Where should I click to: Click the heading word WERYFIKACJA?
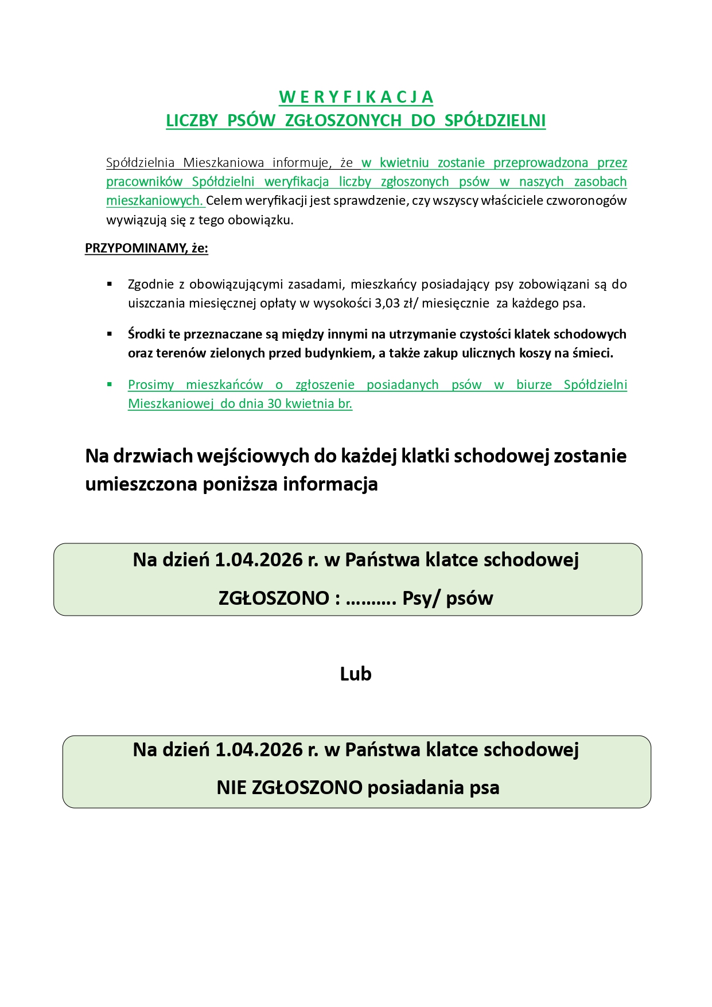tap(356, 97)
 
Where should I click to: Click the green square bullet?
tap(110, 384)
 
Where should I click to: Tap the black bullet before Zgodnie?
tap(110, 284)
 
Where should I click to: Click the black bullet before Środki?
tap(110, 334)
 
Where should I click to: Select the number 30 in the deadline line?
tap(274, 404)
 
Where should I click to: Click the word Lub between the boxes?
tap(356, 674)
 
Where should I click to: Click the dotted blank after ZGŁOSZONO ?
tap(371, 598)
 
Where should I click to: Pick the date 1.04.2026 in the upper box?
tap(259, 559)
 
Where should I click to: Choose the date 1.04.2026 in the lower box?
tap(259, 749)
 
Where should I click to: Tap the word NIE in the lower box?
tap(232, 787)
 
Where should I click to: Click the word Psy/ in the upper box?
tap(421, 598)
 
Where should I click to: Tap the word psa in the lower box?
tap(484, 787)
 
